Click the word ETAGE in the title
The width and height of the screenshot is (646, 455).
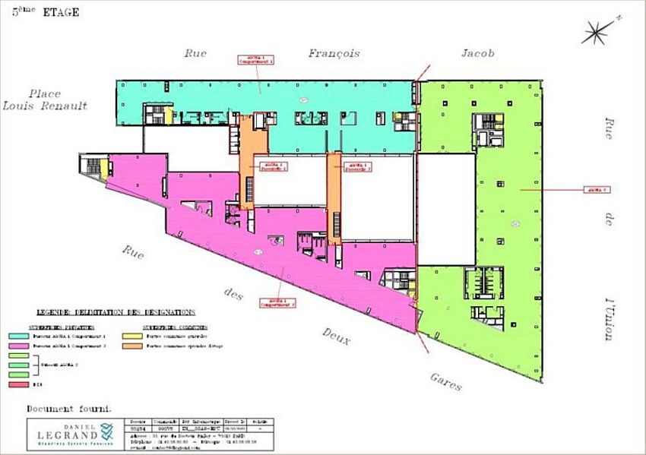click(x=63, y=12)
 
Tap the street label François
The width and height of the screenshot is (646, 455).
click(x=334, y=53)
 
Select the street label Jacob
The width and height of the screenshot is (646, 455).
click(x=477, y=53)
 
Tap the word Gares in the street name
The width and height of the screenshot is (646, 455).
click(x=445, y=381)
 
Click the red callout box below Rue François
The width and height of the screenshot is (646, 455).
click(x=255, y=58)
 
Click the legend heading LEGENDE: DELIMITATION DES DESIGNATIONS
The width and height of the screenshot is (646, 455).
click(x=116, y=312)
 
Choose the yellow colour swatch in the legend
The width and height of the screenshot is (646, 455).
click(x=131, y=335)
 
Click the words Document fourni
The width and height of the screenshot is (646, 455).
click(x=69, y=408)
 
